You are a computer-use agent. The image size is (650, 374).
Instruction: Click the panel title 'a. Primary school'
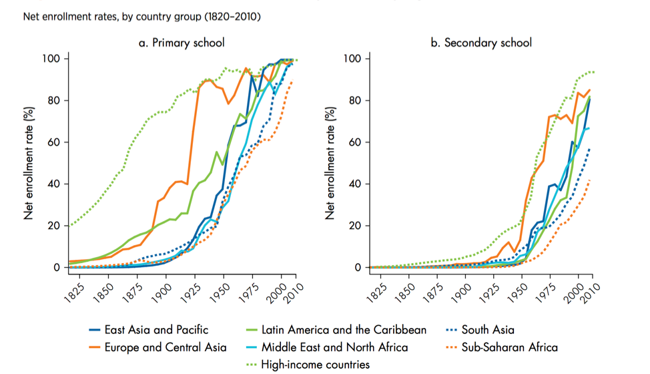(181, 43)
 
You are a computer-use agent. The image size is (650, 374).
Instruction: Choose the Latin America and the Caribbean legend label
(344, 329)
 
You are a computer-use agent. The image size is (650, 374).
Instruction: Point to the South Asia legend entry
(490, 329)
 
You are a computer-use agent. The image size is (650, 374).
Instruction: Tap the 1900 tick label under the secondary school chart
(458, 291)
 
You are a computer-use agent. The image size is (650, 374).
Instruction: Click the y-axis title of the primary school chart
(29, 163)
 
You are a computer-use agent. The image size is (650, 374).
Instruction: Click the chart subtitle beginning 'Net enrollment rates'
(141, 15)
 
